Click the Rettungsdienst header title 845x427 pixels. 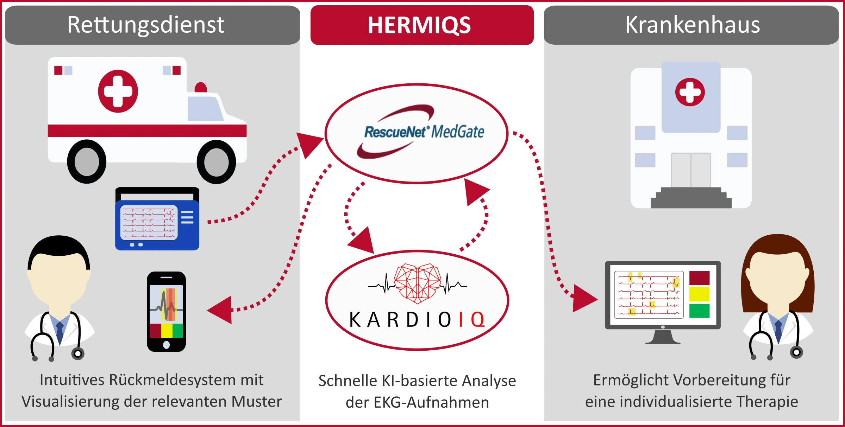[146, 25]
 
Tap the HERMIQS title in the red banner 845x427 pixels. [419, 25]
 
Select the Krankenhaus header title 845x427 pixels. [693, 25]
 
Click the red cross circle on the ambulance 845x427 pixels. [118, 91]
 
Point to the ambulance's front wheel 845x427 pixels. [216, 162]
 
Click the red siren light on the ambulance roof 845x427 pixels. [201, 87]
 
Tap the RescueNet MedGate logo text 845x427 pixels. [424, 132]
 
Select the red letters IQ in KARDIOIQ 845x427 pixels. [472, 320]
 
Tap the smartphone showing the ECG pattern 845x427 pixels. [166, 311]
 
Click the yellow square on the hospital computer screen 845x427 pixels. [699, 294]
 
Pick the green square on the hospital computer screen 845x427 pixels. [699, 311]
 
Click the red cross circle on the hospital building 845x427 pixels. [690, 92]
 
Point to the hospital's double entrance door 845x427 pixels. [691, 170]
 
